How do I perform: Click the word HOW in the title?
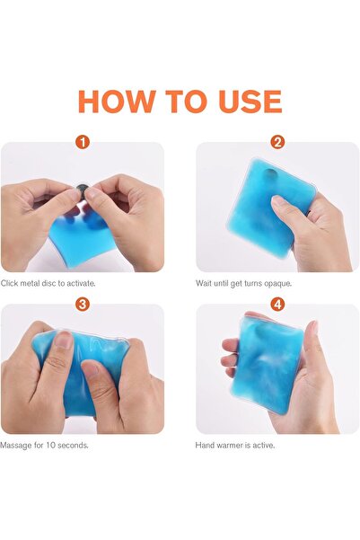117,102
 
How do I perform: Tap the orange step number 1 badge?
83,142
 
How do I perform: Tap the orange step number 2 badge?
277,142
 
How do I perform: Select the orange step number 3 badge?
83,304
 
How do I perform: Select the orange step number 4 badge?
277,304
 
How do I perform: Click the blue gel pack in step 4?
268,365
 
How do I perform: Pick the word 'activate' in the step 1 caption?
81,283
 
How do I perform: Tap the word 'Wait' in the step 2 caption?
203,283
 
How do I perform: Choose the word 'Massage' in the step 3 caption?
16,446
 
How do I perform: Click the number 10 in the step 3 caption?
50,446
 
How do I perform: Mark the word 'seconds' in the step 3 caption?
73,446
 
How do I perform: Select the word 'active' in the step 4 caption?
264,446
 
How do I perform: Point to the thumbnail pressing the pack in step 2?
277,200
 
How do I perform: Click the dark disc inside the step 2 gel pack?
269,175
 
